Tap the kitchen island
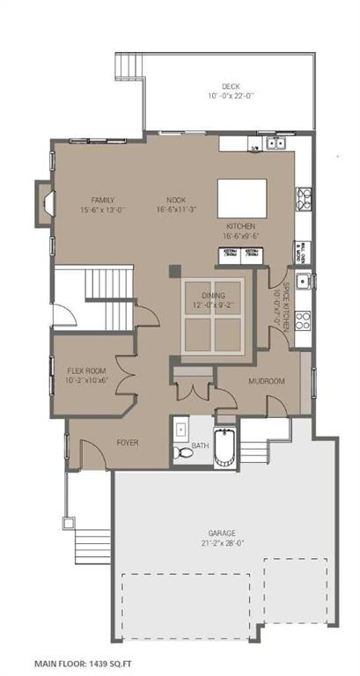(243, 194)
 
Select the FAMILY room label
(103, 200)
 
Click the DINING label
(214, 298)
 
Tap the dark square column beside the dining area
(174, 270)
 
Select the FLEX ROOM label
(87, 371)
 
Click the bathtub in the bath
(224, 448)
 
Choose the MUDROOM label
(267, 381)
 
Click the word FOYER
(129, 442)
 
